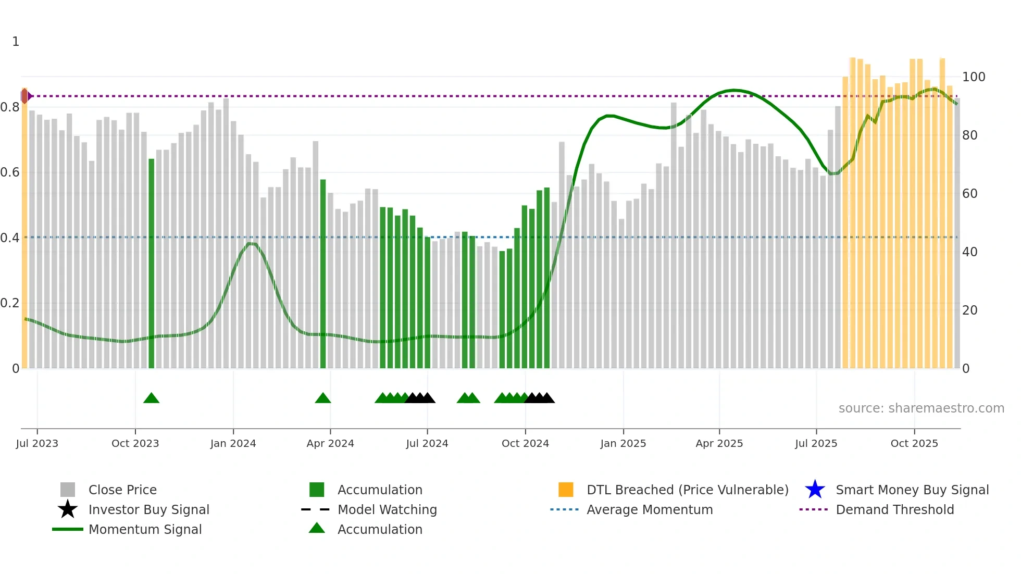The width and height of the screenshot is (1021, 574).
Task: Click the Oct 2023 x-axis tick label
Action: click(x=135, y=443)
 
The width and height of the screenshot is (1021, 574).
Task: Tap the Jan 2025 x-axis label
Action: click(x=623, y=443)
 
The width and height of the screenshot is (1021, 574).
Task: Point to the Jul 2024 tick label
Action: click(x=427, y=443)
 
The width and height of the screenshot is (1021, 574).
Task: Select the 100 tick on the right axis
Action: click(x=973, y=77)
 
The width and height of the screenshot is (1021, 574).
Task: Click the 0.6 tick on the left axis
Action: click(x=10, y=172)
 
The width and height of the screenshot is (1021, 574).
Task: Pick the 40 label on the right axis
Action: click(x=969, y=252)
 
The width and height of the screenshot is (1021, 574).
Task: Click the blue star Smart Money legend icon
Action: click(x=815, y=490)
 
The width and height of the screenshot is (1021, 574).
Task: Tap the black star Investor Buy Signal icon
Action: click(x=68, y=509)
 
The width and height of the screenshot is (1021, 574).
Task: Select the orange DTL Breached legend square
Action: click(x=566, y=490)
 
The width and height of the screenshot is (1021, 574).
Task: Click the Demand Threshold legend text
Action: click(x=894, y=509)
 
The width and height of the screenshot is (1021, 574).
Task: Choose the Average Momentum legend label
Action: click(x=649, y=509)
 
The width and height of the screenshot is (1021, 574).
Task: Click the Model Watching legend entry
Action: click(x=387, y=509)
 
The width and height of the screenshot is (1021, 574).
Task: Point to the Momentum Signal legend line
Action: click(x=68, y=529)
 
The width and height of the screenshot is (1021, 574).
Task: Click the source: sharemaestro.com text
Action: click(x=921, y=408)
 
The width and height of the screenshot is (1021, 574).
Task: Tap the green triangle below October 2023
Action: click(x=151, y=398)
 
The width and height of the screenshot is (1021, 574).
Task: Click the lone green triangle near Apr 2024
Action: click(x=323, y=398)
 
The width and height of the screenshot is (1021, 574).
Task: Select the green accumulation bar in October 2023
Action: click(x=152, y=263)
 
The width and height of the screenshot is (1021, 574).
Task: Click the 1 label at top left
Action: click(x=16, y=42)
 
